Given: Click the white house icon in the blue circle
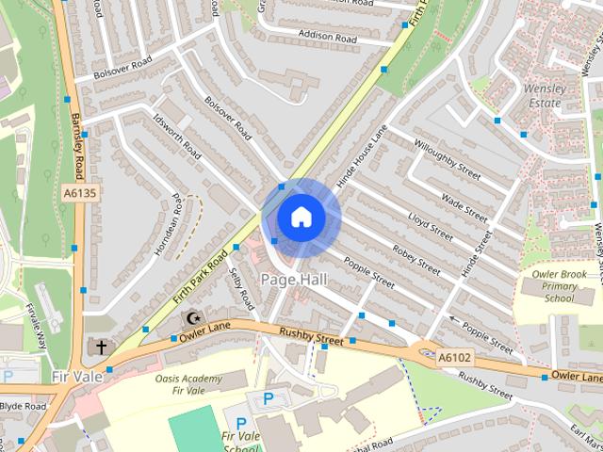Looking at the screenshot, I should coord(301,218).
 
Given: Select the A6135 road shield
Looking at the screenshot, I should coord(80,193).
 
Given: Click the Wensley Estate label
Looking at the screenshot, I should coord(542,95).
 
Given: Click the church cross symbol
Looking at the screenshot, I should coord(101,347).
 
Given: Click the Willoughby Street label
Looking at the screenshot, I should coord(446,161).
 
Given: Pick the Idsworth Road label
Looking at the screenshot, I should coord(176,136).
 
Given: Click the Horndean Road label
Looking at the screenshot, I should coord(177,218).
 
